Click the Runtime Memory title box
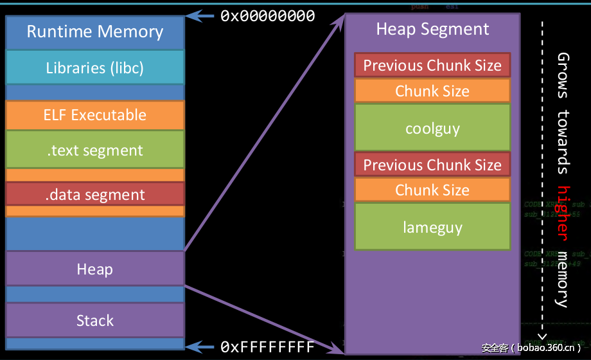95,32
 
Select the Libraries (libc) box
95,67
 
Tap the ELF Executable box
95,115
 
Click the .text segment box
95,150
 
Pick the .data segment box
95,195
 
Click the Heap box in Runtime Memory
95,269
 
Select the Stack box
95,320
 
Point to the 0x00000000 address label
267,16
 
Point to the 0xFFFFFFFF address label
267,347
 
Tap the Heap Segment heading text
432,30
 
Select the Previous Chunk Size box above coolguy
432,66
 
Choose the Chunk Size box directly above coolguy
432,91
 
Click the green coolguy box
432,128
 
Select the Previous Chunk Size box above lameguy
432,165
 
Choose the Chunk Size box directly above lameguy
432,190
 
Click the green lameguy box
432,227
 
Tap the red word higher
563,212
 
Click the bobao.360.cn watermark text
531,348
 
